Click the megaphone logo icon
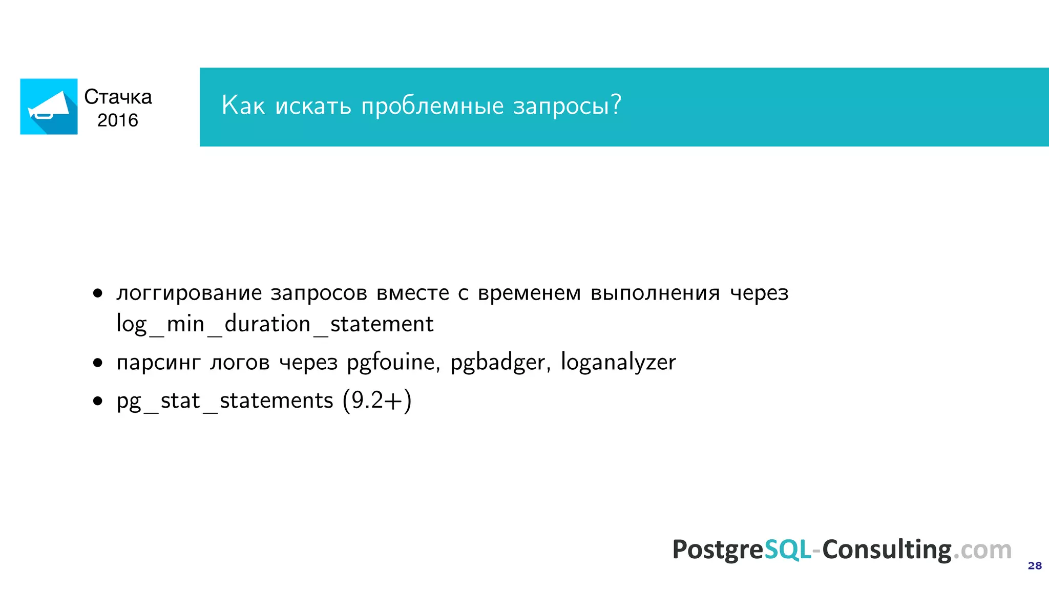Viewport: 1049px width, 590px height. [x=49, y=107]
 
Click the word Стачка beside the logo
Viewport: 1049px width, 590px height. [x=118, y=97]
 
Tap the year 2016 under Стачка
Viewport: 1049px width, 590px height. [x=118, y=120]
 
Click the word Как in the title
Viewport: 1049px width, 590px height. [x=243, y=106]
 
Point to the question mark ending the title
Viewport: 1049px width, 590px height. [x=616, y=104]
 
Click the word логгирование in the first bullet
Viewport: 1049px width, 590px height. [x=189, y=293]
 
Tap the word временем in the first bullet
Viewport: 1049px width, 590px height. [x=529, y=293]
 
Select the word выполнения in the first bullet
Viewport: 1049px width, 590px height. [x=655, y=293]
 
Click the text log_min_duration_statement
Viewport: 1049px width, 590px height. [x=275, y=324]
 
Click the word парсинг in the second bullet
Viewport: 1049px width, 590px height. [x=158, y=363]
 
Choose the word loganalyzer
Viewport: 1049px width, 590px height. [x=618, y=363]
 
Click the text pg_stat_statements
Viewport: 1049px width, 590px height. [x=225, y=401]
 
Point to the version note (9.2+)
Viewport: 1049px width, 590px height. [x=377, y=400]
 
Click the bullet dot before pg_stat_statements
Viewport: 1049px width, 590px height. [x=98, y=401]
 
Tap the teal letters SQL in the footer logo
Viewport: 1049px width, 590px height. [x=788, y=550]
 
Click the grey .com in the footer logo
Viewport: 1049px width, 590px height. [x=982, y=550]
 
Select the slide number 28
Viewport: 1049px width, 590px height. [x=1035, y=565]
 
